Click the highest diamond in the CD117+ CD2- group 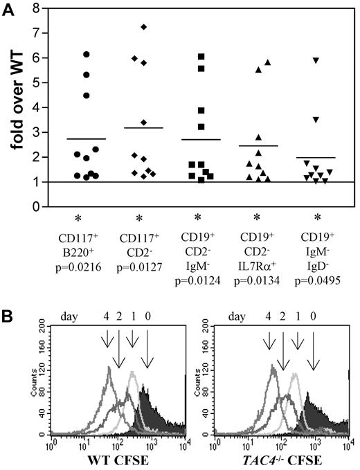point(143,27)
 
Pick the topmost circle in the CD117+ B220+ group point(87,54)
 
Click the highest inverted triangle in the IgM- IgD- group point(316,61)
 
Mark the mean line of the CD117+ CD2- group point(143,128)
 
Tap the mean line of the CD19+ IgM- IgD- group point(315,158)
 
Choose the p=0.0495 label point(315,282)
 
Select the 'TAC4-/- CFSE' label point(273,461)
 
